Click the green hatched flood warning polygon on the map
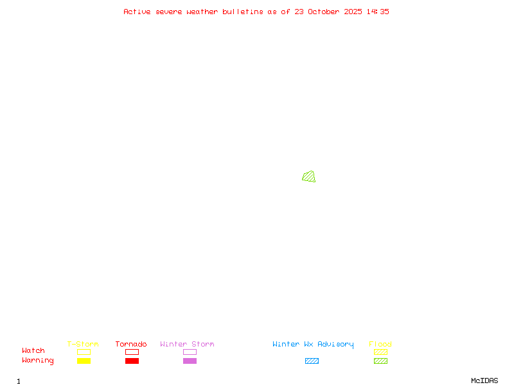pyautogui.click(x=309, y=176)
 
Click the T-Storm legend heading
pyautogui.click(x=83, y=344)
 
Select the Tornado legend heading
pyautogui.click(x=131, y=344)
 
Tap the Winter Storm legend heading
pyautogui.click(x=187, y=344)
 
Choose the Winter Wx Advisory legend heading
pyautogui.click(x=313, y=344)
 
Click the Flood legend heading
pyautogui.click(x=380, y=344)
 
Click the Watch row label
pyautogui.click(x=33, y=351)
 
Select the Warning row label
pyautogui.click(x=38, y=361)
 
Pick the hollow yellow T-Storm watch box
pyautogui.click(x=84, y=352)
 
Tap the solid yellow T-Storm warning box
pyautogui.click(x=84, y=361)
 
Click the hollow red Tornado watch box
pyautogui.click(x=132, y=352)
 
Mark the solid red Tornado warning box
pyautogui.click(x=132, y=361)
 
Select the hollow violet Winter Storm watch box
pyautogui.click(x=190, y=352)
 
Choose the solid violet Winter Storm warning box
pyautogui.click(x=190, y=361)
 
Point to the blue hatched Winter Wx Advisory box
pyautogui.click(x=312, y=361)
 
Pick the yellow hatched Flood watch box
pyautogui.click(x=380, y=352)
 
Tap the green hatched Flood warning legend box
pyautogui.click(x=380, y=361)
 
